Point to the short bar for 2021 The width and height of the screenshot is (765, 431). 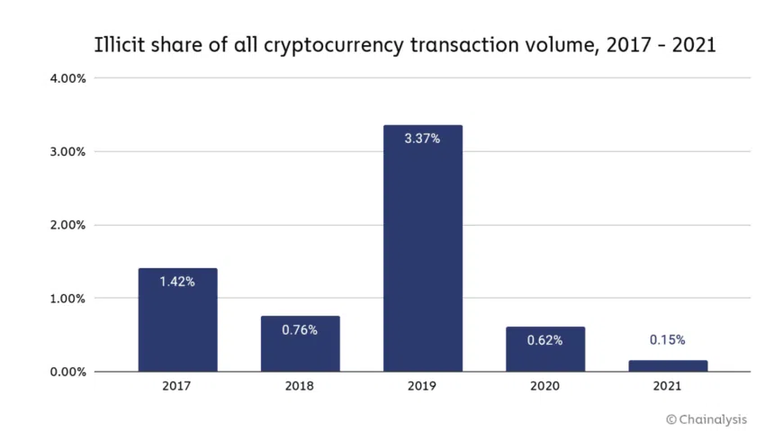click(667, 366)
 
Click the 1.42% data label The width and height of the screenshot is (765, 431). click(177, 282)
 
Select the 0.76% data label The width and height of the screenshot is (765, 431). click(300, 330)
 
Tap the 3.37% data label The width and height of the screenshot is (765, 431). click(422, 139)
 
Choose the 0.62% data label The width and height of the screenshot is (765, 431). click(544, 340)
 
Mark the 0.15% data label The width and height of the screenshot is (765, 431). click(667, 340)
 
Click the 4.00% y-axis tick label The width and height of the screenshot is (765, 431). click(68, 78)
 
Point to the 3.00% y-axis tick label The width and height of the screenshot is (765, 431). click(68, 151)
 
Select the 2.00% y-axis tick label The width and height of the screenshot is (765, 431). click(68, 225)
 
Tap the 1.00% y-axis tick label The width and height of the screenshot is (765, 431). click(68, 299)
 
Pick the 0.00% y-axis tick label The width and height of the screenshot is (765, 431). click(68, 372)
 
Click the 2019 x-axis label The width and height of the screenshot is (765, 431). click(422, 386)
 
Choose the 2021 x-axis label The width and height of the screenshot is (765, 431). click(667, 386)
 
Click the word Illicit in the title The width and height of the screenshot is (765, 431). click(120, 45)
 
